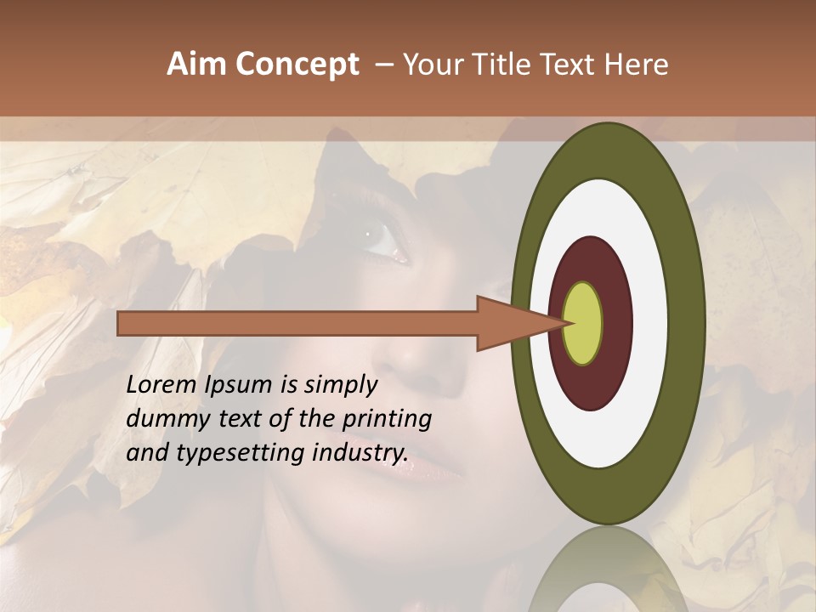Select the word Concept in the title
297,65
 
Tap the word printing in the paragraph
386,419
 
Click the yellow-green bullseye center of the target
582,324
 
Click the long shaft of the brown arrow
297,324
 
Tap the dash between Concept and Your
383,65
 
